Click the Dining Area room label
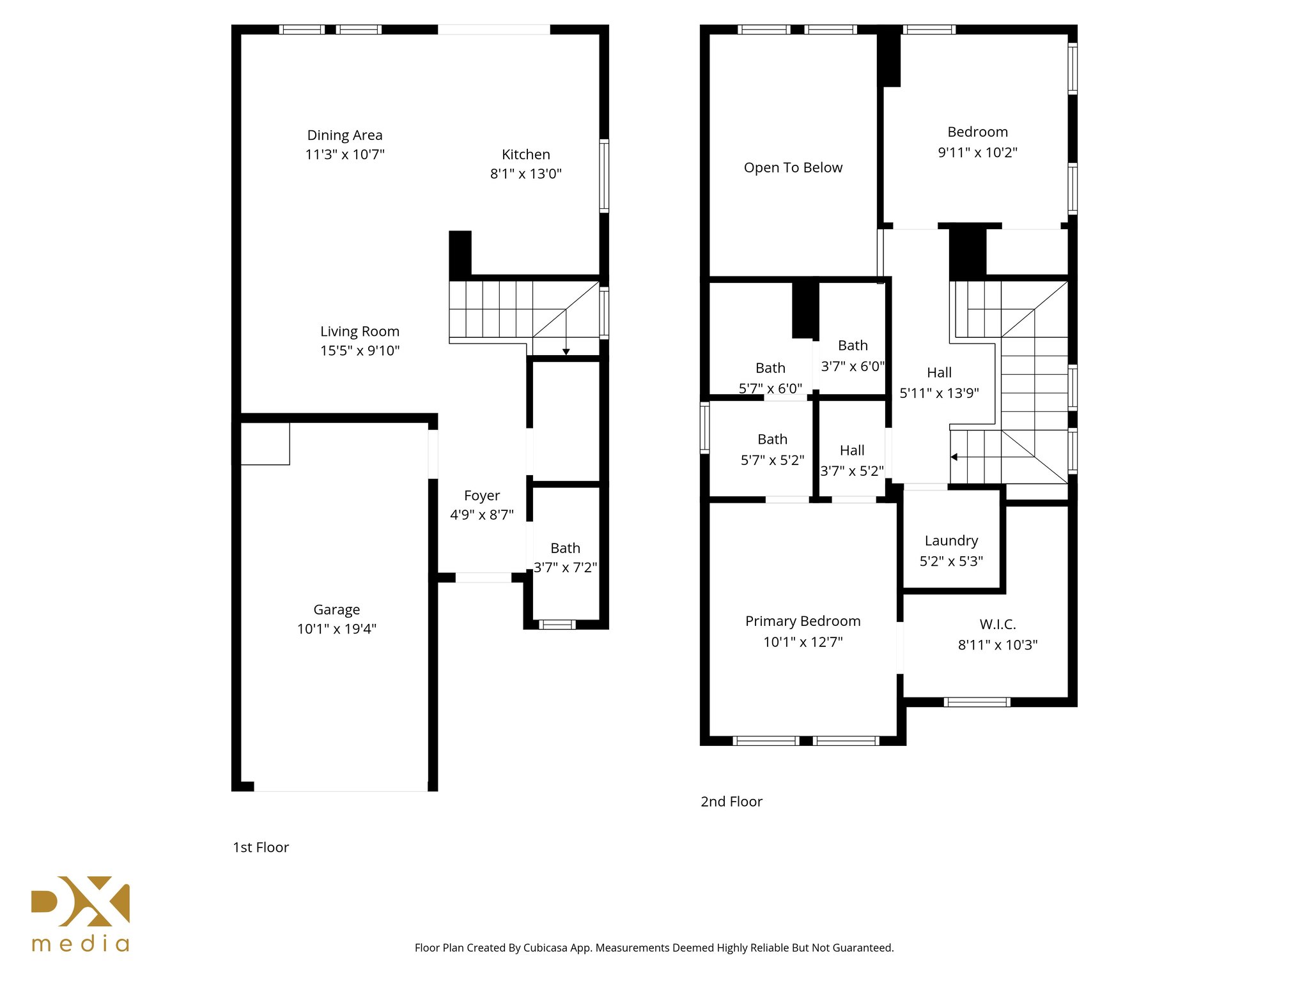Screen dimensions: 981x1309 (x=345, y=135)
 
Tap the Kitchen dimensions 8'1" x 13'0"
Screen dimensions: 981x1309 (x=525, y=174)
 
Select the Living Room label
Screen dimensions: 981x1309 (x=359, y=331)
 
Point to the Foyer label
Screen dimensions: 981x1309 (x=481, y=496)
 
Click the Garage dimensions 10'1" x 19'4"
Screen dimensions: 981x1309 (x=336, y=629)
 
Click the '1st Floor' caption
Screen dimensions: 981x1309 (x=261, y=848)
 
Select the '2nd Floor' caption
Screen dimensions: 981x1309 (x=731, y=802)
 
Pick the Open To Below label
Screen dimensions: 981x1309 (x=793, y=168)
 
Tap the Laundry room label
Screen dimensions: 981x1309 (x=951, y=541)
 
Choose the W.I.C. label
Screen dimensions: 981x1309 (x=997, y=625)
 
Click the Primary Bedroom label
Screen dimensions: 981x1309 (x=803, y=621)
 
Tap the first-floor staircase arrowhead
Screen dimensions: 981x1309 (x=566, y=352)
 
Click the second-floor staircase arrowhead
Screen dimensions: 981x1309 (x=954, y=457)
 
